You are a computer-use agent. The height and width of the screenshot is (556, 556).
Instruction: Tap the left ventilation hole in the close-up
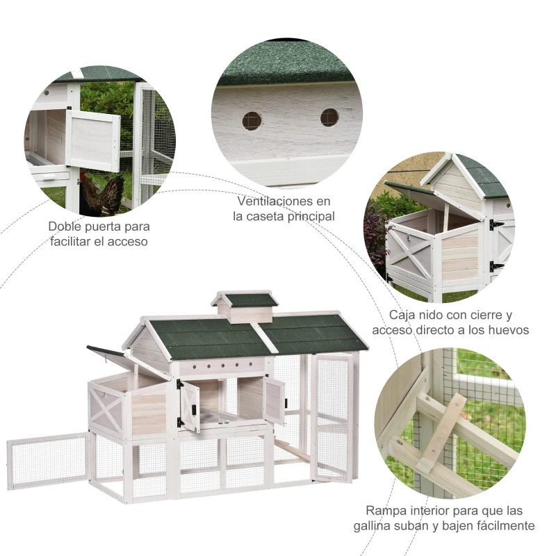252,121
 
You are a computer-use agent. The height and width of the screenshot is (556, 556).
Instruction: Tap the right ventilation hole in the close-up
329,117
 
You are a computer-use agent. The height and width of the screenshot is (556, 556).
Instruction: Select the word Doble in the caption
65,227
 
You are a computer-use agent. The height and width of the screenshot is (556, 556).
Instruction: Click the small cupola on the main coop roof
245,306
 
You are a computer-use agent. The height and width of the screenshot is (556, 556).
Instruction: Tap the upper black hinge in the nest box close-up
496,225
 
